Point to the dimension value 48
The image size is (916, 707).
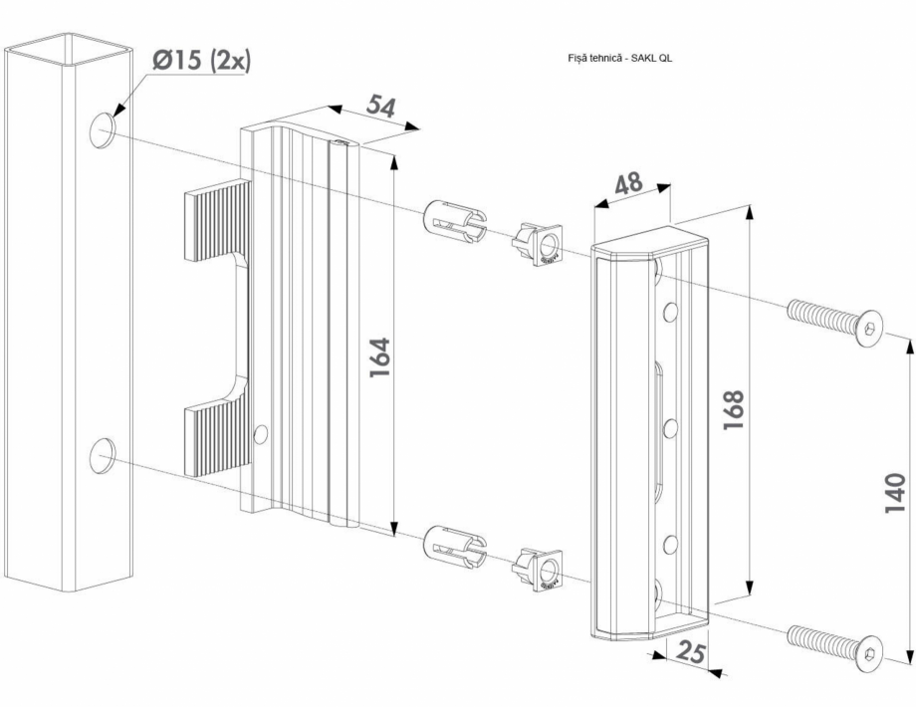pos(628,185)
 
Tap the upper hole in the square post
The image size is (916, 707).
pos(104,130)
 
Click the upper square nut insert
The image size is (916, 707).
pos(538,246)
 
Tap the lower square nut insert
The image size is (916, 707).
pos(538,570)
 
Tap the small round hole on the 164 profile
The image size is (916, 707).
pos(262,434)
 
